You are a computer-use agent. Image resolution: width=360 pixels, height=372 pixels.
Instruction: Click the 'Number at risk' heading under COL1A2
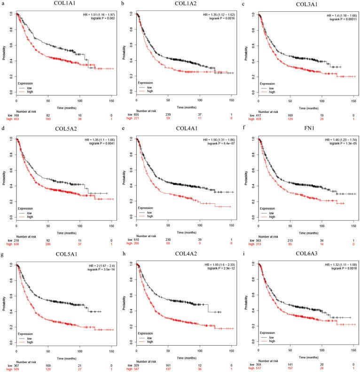(144, 110)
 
